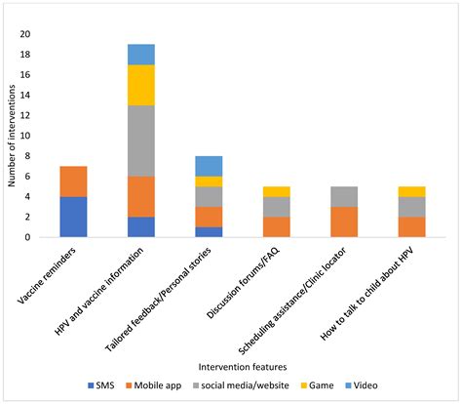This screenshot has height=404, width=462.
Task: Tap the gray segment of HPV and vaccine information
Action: click(x=140, y=141)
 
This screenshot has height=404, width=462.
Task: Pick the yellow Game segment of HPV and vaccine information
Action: click(x=140, y=85)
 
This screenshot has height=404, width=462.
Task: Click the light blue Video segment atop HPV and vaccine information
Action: click(x=140, y=54)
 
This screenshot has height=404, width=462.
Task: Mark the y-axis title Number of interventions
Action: click(x=12, y=135)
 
